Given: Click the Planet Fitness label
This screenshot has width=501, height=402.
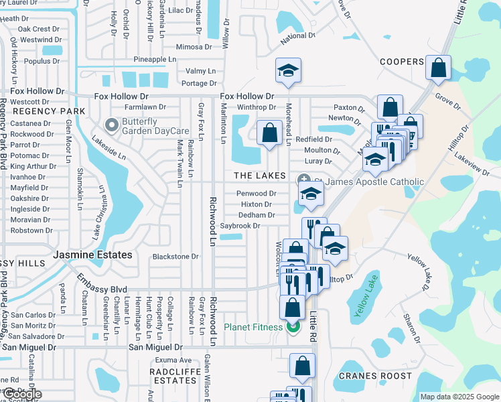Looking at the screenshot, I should (254, 328).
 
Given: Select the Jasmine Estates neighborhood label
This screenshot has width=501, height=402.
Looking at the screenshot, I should (92, 255).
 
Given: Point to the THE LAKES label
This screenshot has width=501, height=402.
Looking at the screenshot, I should (259, 176).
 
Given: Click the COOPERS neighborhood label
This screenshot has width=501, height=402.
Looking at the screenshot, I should (402, 62).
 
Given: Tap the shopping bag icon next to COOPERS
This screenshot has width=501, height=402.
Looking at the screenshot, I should (437, 68).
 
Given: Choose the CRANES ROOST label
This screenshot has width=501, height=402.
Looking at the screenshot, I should (375, 376).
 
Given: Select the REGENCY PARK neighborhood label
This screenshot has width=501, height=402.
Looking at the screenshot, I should (49, 111).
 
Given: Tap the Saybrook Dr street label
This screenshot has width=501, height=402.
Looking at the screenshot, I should (240, 226).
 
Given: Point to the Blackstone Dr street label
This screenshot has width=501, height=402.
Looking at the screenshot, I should (175, 257).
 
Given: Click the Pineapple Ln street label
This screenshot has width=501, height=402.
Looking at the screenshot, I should (154, 60).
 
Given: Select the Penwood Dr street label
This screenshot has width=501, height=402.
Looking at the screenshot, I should (256, 194).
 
